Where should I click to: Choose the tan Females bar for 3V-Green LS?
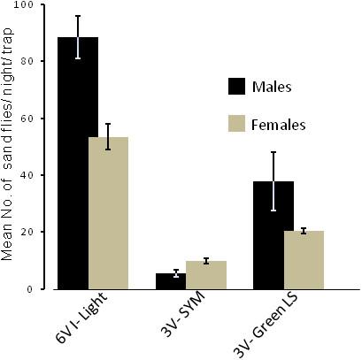[304, 260]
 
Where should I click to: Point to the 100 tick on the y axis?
[35, 5]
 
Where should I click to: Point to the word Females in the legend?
[279, 125]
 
